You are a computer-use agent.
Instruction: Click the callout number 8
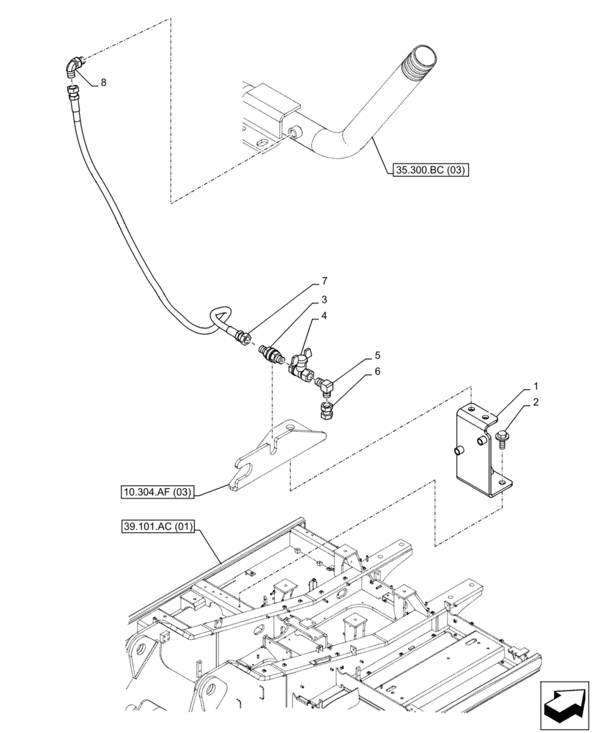click(103, 83)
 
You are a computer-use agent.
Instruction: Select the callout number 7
click(324, 281)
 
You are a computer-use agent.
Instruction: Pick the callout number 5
click(377, 355)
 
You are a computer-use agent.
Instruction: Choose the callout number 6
click(377, 372)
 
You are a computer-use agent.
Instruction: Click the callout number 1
click(536, 386)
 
